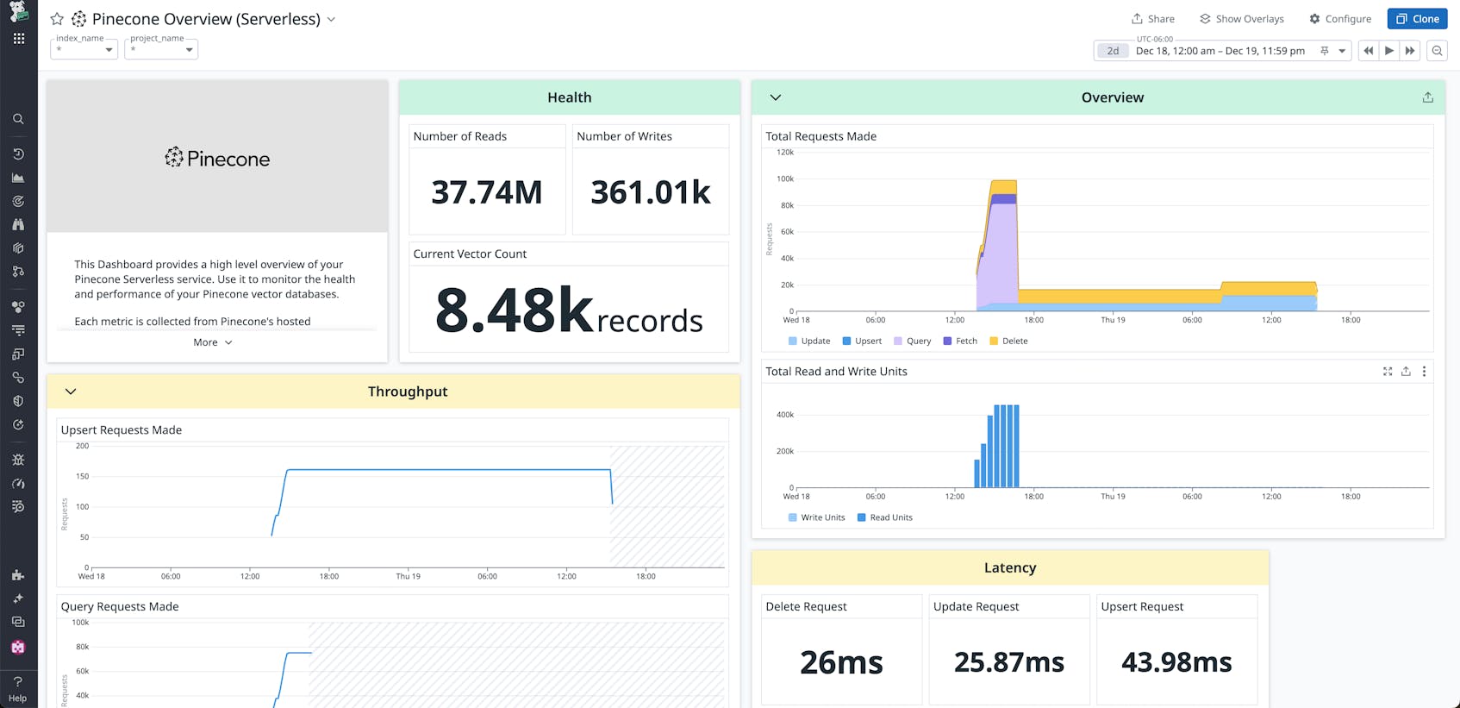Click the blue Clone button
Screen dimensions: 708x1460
click(x=1417, y=19)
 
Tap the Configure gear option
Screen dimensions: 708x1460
click(x=1340, y=19)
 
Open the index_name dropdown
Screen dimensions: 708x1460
click(x=84, y=49)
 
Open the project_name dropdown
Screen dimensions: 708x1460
click(x=161, y=49)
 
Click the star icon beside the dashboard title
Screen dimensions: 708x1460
click(x=57, y=19)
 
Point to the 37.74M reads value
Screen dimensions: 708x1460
click(x=487, y=192)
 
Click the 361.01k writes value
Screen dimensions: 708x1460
click(x=651, y=192)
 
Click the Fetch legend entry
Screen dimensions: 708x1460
click(x=960, y=341)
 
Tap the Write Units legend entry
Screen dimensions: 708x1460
click(x=816, y=517)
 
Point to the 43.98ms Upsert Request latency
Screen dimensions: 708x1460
click(x=1176, y=662)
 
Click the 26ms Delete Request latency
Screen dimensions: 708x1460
click(x=841, y=662)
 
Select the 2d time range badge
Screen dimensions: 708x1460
click(x=1113, y=51)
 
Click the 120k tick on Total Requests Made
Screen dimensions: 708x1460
click(x=785, y=153)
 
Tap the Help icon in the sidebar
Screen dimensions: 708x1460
click(x=18, y=688)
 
